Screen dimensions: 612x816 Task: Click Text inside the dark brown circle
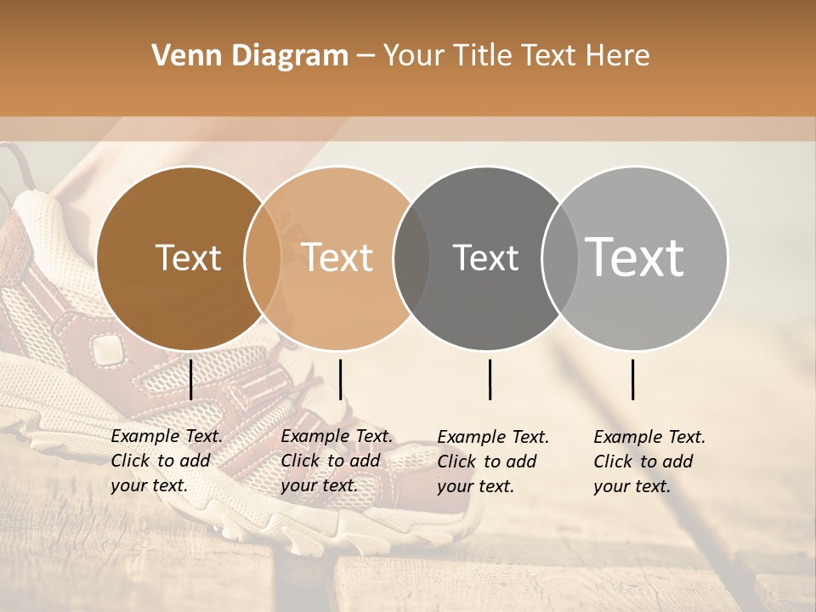click(188, 258)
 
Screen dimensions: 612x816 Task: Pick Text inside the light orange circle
click(337, 258)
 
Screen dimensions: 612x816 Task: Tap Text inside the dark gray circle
click(485, 258)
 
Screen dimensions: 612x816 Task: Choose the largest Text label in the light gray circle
click(634, 257)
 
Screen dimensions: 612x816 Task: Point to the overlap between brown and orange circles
click(263, 258)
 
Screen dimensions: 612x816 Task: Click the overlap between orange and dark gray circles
click(411, 258)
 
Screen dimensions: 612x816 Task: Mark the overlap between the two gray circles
click(560, 258)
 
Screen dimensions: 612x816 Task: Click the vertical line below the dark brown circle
click(190, 379)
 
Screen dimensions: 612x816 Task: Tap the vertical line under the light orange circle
click(340, 379)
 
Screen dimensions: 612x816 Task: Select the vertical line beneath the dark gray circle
click(490, 379)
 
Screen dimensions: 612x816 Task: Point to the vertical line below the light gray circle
click(632, 379)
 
